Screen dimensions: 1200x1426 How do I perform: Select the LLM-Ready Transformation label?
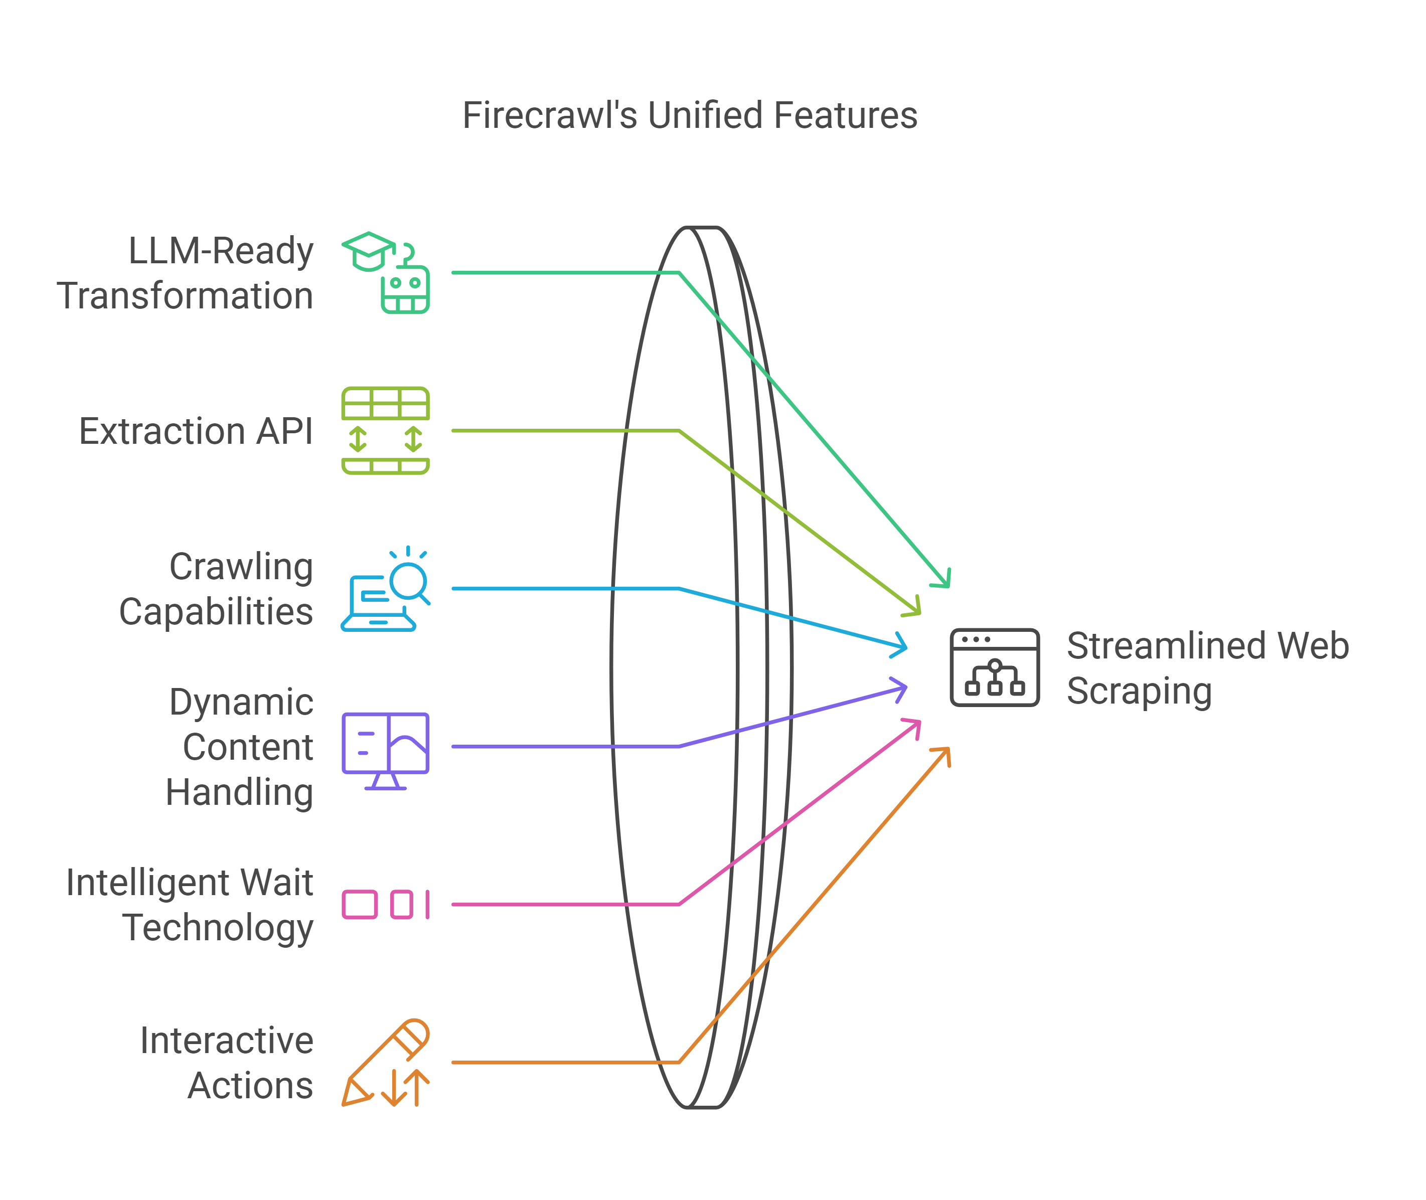185,273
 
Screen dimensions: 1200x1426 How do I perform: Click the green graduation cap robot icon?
385,273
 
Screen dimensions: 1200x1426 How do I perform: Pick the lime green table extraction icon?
385,431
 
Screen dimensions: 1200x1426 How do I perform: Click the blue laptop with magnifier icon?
385,589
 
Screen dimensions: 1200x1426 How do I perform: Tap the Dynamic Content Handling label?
239,747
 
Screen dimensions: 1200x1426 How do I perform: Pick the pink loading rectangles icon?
385,905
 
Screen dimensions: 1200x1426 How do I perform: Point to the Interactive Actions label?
227,1063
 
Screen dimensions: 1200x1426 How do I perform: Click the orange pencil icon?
385,1063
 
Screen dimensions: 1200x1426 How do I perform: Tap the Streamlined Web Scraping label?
1207,668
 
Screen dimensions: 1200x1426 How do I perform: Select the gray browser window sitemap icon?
995,668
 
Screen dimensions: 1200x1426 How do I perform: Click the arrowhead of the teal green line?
944,580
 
